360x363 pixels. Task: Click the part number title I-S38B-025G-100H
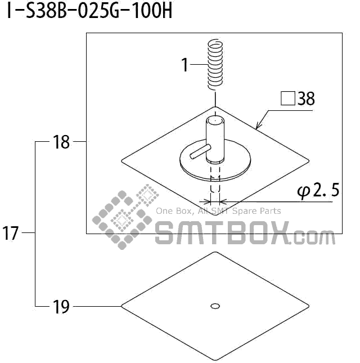click(x=89, y=12)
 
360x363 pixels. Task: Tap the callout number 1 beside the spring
click(x=184, y=65)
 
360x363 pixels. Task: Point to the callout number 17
click(x=11, y=233)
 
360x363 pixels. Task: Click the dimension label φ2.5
click(x=318, y=191)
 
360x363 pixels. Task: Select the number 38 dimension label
click(x=306, y=100)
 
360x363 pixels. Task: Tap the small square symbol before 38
click(x=287, y=99)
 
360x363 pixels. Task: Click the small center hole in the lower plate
click(x=214, y=306)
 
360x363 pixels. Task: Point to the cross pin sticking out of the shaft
click(x=200, y=151)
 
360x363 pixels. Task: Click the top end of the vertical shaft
click(x=214, y=120)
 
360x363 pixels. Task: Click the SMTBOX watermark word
click(x=222, y=232)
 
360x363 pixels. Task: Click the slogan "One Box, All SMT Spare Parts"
click(x=218, y=212)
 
